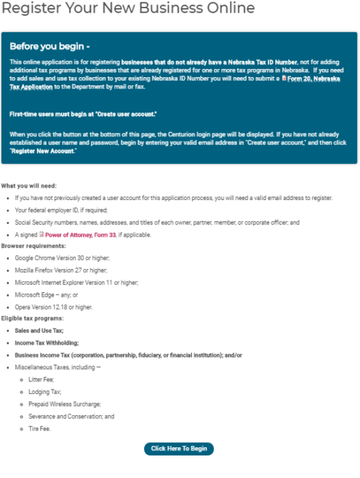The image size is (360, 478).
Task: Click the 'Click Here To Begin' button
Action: pos(178,449)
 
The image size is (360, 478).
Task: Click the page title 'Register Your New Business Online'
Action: pos(127,9)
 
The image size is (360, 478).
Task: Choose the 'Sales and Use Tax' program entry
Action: pos(39,330)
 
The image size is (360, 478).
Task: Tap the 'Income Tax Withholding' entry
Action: pos(46,342)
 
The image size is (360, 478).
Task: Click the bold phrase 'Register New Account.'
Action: pos(43,151)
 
